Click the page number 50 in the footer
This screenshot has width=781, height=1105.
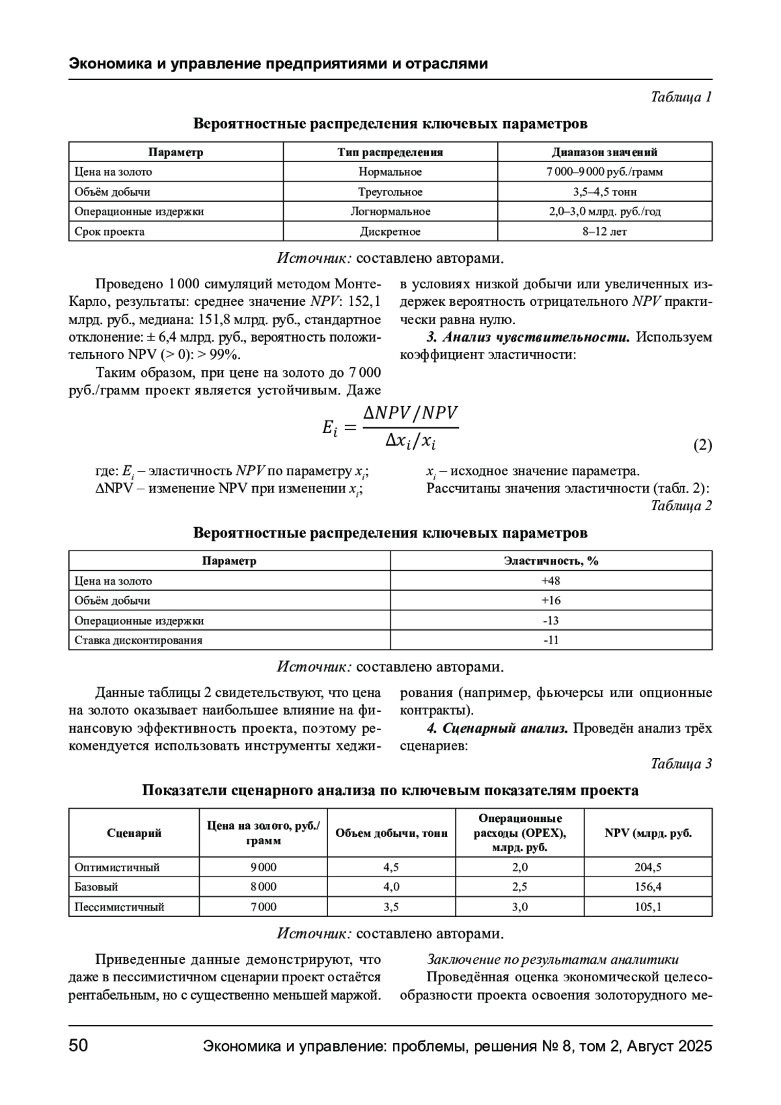click(78, 1046)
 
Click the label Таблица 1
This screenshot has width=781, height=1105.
click(681, 97)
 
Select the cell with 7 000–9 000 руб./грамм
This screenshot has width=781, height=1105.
click(605, 172)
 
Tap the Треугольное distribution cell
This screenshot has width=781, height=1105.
click(390, 192)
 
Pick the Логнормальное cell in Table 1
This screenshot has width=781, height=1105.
click(390, 211)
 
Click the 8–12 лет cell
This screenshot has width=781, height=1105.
click(605, 232)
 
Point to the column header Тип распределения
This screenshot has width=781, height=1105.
click(390, 152)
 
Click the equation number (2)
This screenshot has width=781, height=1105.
click(702, 446)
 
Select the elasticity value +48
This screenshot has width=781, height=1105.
click(551, 581)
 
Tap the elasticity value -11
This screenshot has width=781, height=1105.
click(551, 640)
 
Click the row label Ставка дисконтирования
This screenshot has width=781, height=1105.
click(139, 640)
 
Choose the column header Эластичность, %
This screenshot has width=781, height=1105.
click(551, 561)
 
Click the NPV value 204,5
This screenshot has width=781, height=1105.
click(648, 867)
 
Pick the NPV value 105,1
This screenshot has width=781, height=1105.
click(648, 907)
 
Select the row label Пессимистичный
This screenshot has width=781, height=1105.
click(120, 907)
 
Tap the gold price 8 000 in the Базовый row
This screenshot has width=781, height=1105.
click(264, 887)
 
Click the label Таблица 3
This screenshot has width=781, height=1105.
click(681, 764)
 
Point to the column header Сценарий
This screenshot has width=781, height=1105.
click(134, 833)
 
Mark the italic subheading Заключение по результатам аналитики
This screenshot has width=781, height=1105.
click(553, 959)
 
